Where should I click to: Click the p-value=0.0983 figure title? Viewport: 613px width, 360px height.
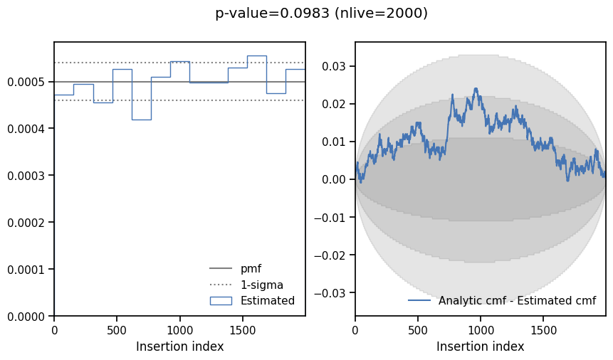click(x=321, y=13)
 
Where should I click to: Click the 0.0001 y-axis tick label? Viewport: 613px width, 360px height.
click(x=26, y=269)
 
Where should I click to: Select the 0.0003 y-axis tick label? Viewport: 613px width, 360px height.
click(x=26, y=176)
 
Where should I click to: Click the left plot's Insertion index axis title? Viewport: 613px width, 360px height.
click(x=179, y=346)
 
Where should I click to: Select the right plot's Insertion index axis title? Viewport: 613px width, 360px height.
click(x=480, y=346)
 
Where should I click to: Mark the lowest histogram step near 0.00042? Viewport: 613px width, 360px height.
click(x=141, y=120)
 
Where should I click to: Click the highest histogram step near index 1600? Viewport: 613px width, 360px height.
click(x=256, y=55)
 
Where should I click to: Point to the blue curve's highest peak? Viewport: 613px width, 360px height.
click(x=476, y=89)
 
